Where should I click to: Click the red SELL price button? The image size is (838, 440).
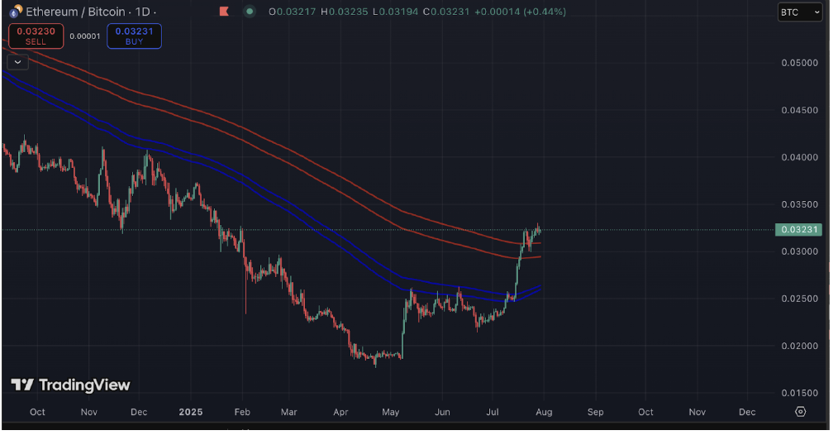click(36, 36)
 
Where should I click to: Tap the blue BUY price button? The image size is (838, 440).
click(134, 36)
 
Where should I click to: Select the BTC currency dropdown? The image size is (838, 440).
click(801, 12)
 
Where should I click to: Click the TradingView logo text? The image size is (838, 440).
click(71, 385)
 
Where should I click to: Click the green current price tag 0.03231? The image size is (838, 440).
click(798, 229)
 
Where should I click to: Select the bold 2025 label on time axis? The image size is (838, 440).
click(190, 412)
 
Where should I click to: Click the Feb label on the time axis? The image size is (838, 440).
click(242, 412)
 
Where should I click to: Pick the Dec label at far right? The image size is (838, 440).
click(747, 412)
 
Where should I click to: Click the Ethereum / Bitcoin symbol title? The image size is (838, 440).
click(75, 12)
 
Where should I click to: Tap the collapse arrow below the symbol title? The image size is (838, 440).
click(17, 62)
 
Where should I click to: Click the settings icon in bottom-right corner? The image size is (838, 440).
click(800, 412)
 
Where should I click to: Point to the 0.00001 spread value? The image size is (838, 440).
click(84, 36)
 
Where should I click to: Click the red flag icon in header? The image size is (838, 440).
click(224, 12)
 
